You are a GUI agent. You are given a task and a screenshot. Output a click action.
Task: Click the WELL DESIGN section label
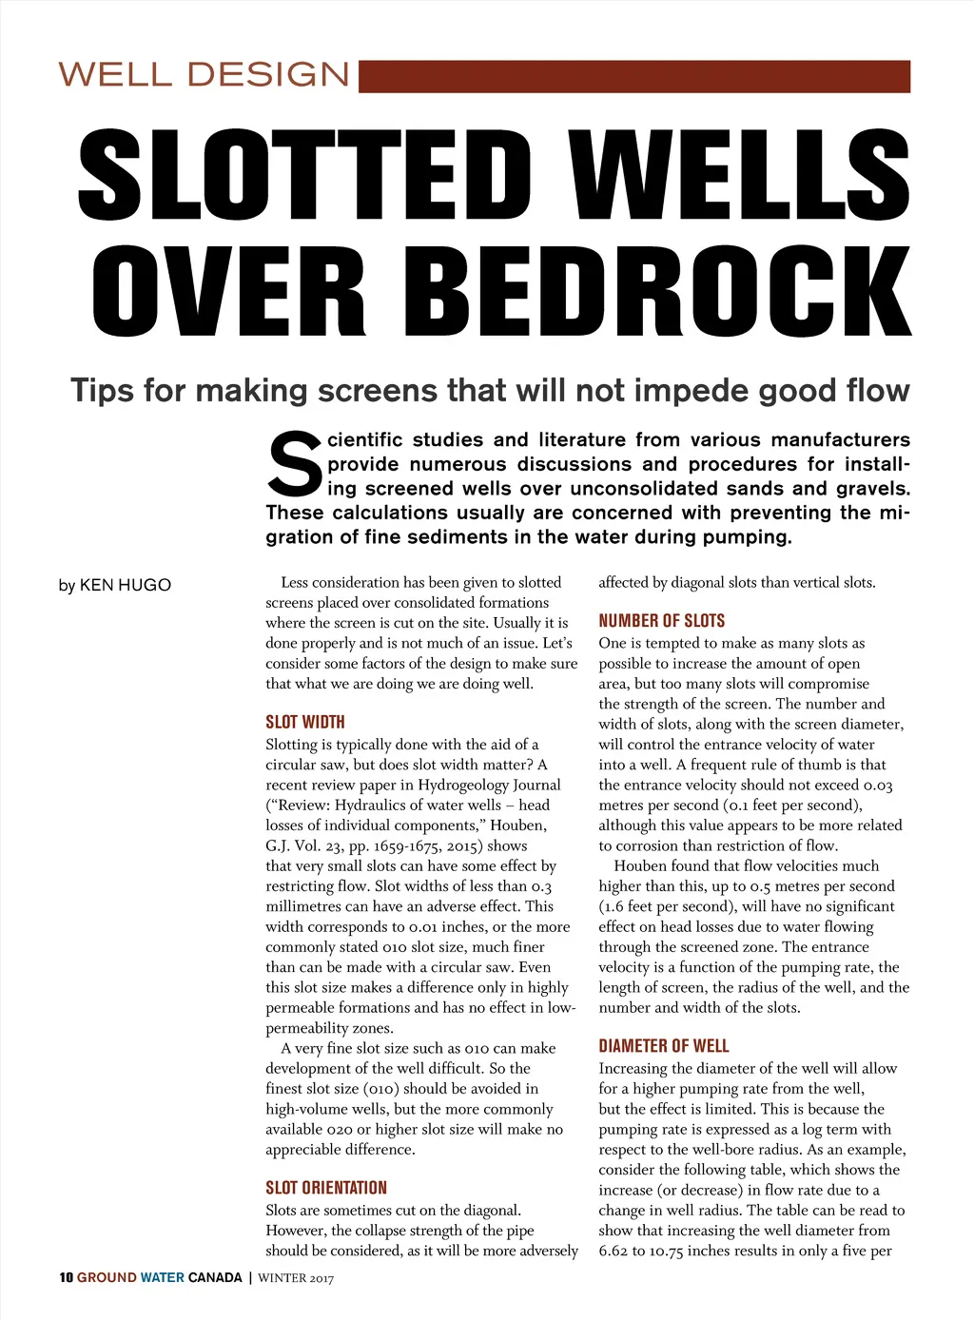[x=205, y=74]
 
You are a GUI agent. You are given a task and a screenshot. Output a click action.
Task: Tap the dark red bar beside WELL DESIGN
[x=633, y=76]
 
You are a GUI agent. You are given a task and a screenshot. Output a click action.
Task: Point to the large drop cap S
[x=295, y=465]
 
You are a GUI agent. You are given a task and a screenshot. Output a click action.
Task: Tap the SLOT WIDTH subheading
[x=305, y=722]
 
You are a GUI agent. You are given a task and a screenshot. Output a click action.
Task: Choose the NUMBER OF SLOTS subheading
[x=661, y=621]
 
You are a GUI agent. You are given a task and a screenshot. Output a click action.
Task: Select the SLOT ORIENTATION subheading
[x=326, y=1188]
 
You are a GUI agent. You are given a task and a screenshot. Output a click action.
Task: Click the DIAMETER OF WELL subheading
[x=664, y=1046]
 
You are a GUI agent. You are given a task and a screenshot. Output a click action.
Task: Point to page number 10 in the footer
[x=66, y=1277]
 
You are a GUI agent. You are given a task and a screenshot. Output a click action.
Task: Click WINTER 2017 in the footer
[x=296, y=1278]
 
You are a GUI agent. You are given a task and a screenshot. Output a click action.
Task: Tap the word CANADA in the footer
[x=215, y=1277]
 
